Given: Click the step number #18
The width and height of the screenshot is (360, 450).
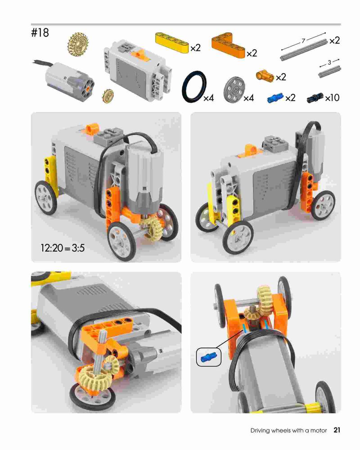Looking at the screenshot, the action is pyautogui.click(x=40, y=33).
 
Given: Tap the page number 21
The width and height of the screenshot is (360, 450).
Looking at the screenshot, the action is pyautogui.click(x=337, y=430).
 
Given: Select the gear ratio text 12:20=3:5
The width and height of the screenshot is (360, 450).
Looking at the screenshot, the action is pyautogui.click(x=63, y=247).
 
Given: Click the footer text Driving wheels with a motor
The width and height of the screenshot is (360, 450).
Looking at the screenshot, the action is pyautogui.click(x=288, y=431).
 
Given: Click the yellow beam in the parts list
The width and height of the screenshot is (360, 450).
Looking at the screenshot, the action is pyautogui.click(x=172, y=42).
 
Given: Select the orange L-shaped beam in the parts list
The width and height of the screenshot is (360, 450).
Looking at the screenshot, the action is pyautogui.click(x=229, y=45).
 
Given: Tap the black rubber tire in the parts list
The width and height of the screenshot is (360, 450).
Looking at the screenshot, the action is pyautogui.click(x=194, y=86).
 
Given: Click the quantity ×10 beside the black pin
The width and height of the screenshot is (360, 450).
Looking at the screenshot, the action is pyautogui.click(x=333, y=98).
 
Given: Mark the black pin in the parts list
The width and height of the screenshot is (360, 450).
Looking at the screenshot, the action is pyautogui.click(x=315, y=98).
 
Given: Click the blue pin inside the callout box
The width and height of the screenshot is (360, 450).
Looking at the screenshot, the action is pyautogui.click(x=209, y=357).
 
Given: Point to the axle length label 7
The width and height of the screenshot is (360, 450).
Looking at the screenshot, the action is pyautogui.click(x=303, y=41).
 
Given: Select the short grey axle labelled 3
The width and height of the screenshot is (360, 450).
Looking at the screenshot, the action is pyautogui.click(x=329, y=72).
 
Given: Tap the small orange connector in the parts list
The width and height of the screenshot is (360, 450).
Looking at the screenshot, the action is pyautogui.click(x=265, y=75).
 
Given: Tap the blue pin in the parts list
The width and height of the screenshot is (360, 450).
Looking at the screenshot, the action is pyautogui.click(x=275, y=98).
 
